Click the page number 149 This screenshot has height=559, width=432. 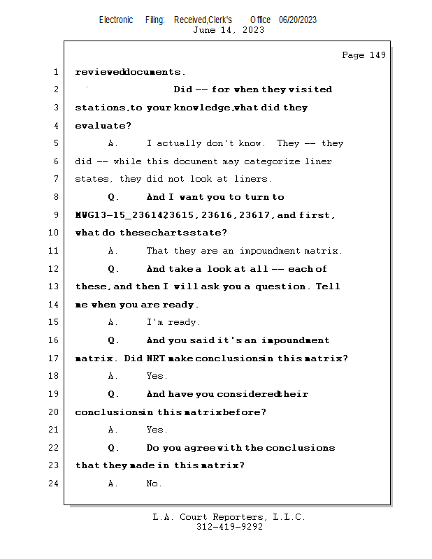377,55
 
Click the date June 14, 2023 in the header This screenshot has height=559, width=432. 229,30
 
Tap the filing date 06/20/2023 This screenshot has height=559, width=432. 298,20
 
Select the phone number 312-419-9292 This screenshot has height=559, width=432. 229,527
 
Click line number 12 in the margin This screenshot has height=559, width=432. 54,269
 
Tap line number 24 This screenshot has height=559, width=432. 54,484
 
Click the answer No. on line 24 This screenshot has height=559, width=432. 154,484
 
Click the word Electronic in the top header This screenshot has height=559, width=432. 116,20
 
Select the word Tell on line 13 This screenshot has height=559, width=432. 328,286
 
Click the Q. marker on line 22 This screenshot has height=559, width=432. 114,448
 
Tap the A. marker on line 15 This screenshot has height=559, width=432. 113,322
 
